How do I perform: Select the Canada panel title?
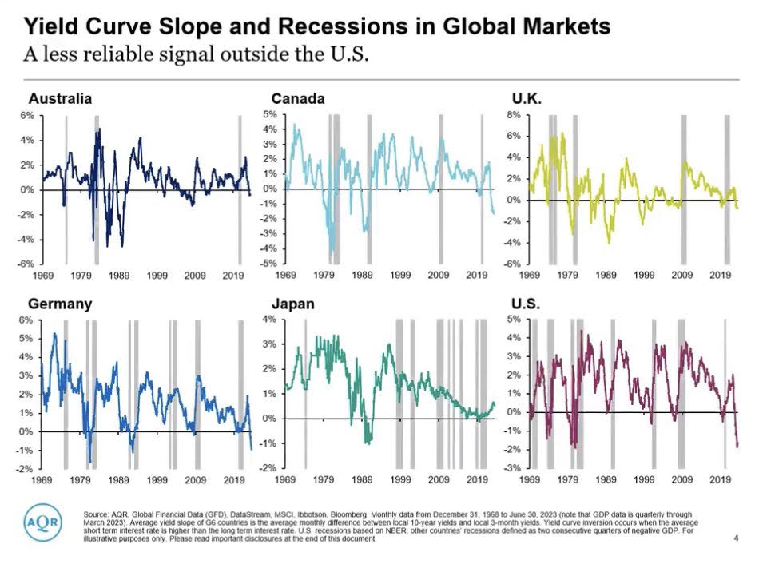(x=297, y=99)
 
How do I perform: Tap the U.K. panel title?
(x=527, y=99)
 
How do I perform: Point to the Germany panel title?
(x=60, y=304)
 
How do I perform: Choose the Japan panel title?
(x=292, y=304)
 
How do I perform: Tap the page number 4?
(x=735, y=538)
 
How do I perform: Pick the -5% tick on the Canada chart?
(x=269, y=263)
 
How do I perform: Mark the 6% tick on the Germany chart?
(x=26, y=320)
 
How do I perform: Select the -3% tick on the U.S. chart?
(x=511, y=468)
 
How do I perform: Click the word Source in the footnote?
(x=96, y=512)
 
